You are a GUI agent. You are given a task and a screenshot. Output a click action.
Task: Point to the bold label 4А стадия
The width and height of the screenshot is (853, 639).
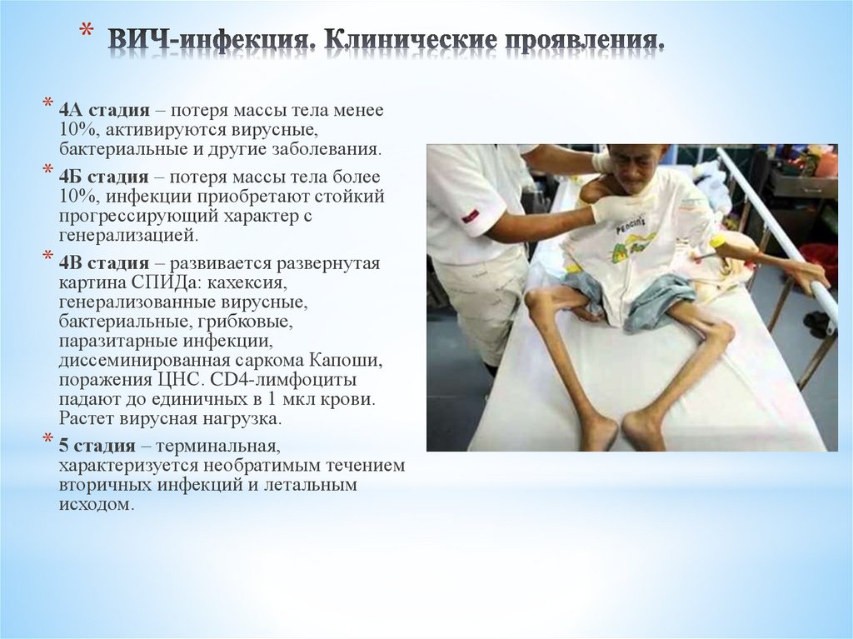pyautogui.click(x=104, y=111)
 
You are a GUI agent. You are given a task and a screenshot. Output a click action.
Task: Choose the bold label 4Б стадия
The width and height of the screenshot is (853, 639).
pyautogui.click(x=104, y=177)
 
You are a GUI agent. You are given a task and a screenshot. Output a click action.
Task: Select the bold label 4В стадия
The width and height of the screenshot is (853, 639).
pyautogui.click(x=104, y=264)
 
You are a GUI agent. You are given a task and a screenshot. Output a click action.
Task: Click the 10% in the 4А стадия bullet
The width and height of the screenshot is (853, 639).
pyautogui.click(x=74, y=131)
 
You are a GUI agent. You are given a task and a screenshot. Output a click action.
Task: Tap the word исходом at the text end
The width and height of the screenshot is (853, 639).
pyautogui.click(x=95, y=505)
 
